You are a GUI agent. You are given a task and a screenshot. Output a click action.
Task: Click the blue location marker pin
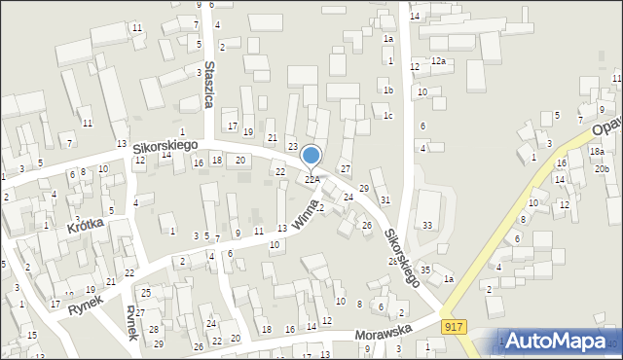[311, 157]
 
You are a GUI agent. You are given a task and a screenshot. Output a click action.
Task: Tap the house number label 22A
[312, 179]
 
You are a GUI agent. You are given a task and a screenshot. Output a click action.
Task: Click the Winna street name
[305, 214]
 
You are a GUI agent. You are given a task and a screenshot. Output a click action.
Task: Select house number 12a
[438, 61]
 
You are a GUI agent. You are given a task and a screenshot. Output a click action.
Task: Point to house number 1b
[387, 90]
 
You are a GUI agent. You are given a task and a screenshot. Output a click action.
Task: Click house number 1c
[387, 116]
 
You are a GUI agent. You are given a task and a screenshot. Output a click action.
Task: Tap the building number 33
[427, 225]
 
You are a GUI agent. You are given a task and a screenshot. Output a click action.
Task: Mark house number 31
[385, 199]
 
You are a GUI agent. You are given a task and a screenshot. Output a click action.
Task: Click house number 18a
[596, 152]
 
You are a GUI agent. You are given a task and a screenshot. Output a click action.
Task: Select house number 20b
[603, 169]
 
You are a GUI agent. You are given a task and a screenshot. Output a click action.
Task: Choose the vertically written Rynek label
[132, 322]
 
